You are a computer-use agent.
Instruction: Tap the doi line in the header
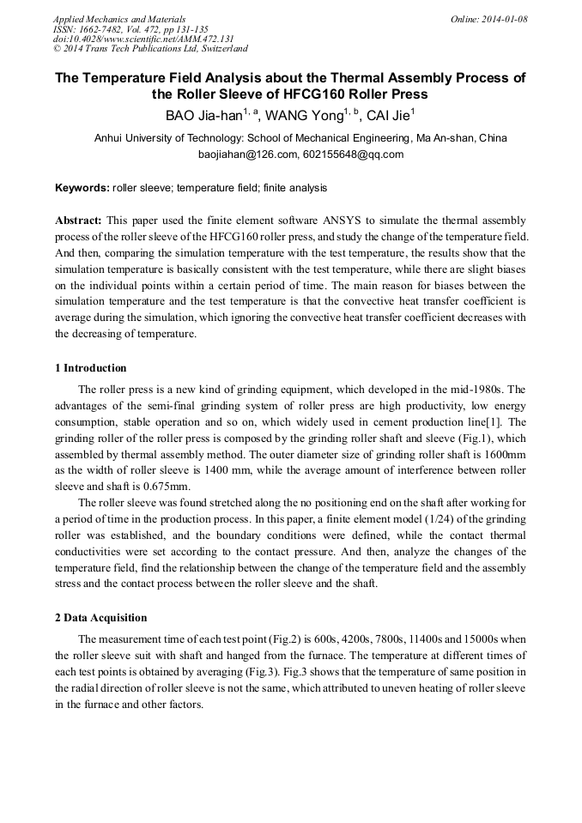pos(143,39)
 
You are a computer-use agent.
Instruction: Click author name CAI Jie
pos(389,116)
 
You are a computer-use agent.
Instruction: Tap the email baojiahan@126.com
pos(247,154)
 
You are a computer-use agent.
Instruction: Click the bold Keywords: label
pos(82,187)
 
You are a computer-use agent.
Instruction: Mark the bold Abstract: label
pos(79,221)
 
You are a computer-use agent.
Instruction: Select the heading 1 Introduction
pos(91,368)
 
